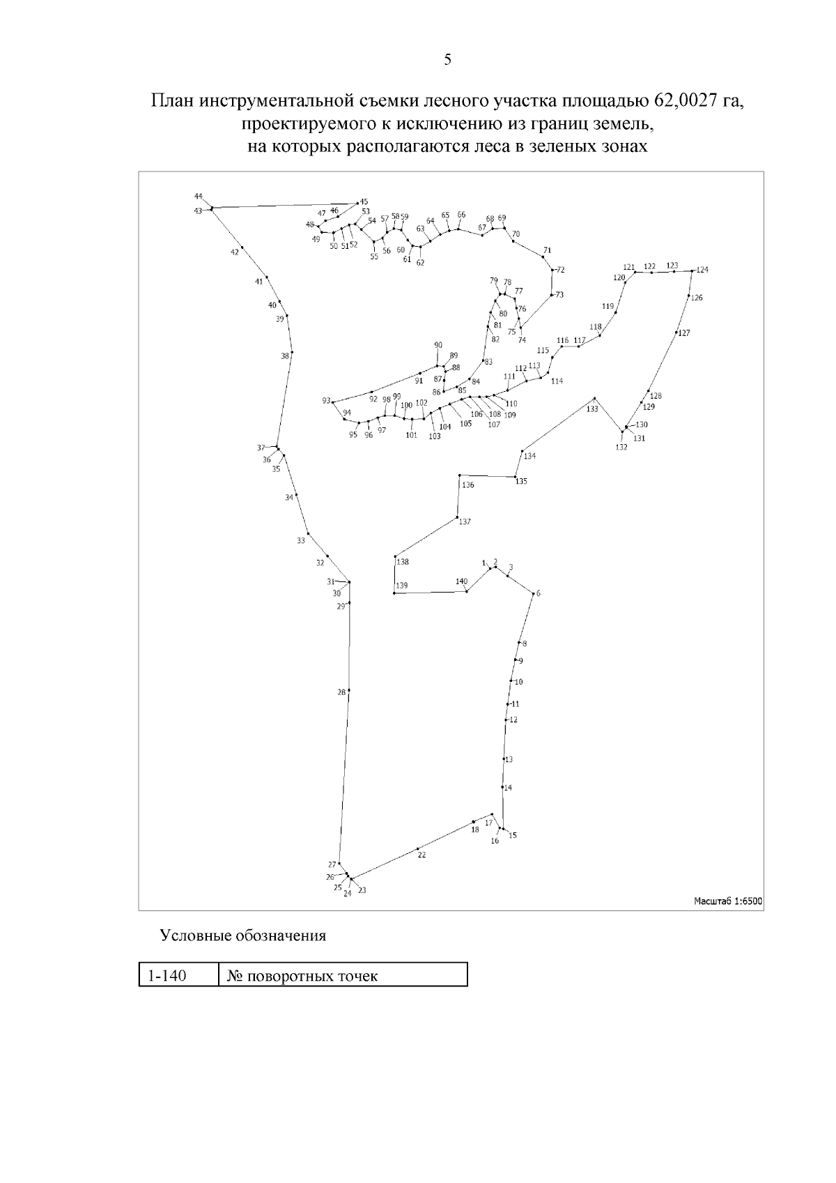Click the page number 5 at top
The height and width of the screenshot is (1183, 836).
click(x=447, y=60)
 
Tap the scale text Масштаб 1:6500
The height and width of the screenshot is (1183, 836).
click(x=728, y=901)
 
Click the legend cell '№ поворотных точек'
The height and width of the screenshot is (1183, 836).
click(x=302, y=975)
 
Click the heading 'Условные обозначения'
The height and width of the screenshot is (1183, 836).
click(x=243, y=936)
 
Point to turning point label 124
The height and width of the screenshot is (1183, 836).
click(x=702, y=270)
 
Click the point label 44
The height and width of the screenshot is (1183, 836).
click(x=199, y=196)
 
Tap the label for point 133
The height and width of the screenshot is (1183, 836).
click(x=592, y=409)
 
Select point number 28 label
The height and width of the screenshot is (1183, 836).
click(x=341, y=692)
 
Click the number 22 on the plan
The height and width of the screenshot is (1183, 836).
click(x=421, y=855)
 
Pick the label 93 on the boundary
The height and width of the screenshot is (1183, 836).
click(x=326, y=401)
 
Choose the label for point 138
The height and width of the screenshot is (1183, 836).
click(x=403, y=562)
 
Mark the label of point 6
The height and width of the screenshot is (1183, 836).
click(x=538, y=594)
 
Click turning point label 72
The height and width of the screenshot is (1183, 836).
click(x=561, y=270)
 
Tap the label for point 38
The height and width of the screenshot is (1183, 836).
click(x=285, y=356)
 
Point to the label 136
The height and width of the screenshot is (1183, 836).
click(x=468, y=485)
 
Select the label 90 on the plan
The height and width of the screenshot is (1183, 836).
click(x=438, y=345)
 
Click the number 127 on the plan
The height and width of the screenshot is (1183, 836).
click(x=684, y=333)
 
